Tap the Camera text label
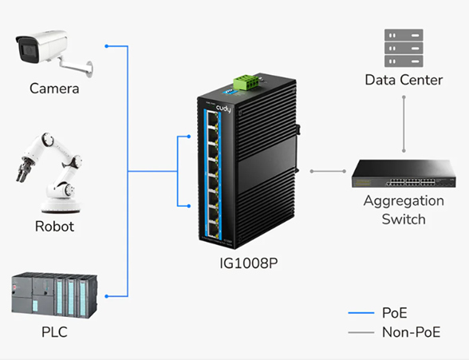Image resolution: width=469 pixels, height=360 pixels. (x=54, y=89)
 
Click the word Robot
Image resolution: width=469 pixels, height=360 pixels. (x=54, y=227)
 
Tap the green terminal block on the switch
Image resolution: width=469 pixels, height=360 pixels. (x=247, y=81)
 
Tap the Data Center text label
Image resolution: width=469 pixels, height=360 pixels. (x=404, y=80)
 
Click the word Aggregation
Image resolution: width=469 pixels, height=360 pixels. (x=404, y=201)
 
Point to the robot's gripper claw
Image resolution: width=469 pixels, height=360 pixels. (x=22, y=170)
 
